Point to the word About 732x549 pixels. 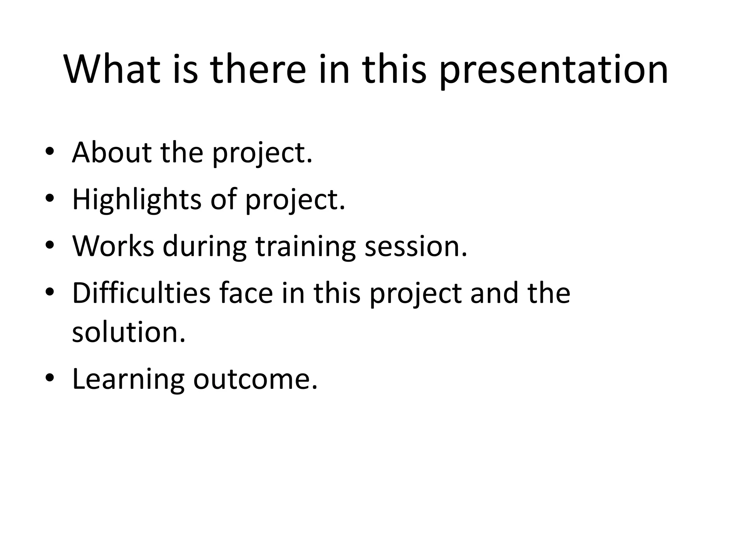[112, 152]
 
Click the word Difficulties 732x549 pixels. [141, 293]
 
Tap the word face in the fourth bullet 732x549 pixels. [246, 293]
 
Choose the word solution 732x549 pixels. [129, 332]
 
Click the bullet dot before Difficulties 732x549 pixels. [50, 292]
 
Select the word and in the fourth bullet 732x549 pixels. [494, 293]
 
